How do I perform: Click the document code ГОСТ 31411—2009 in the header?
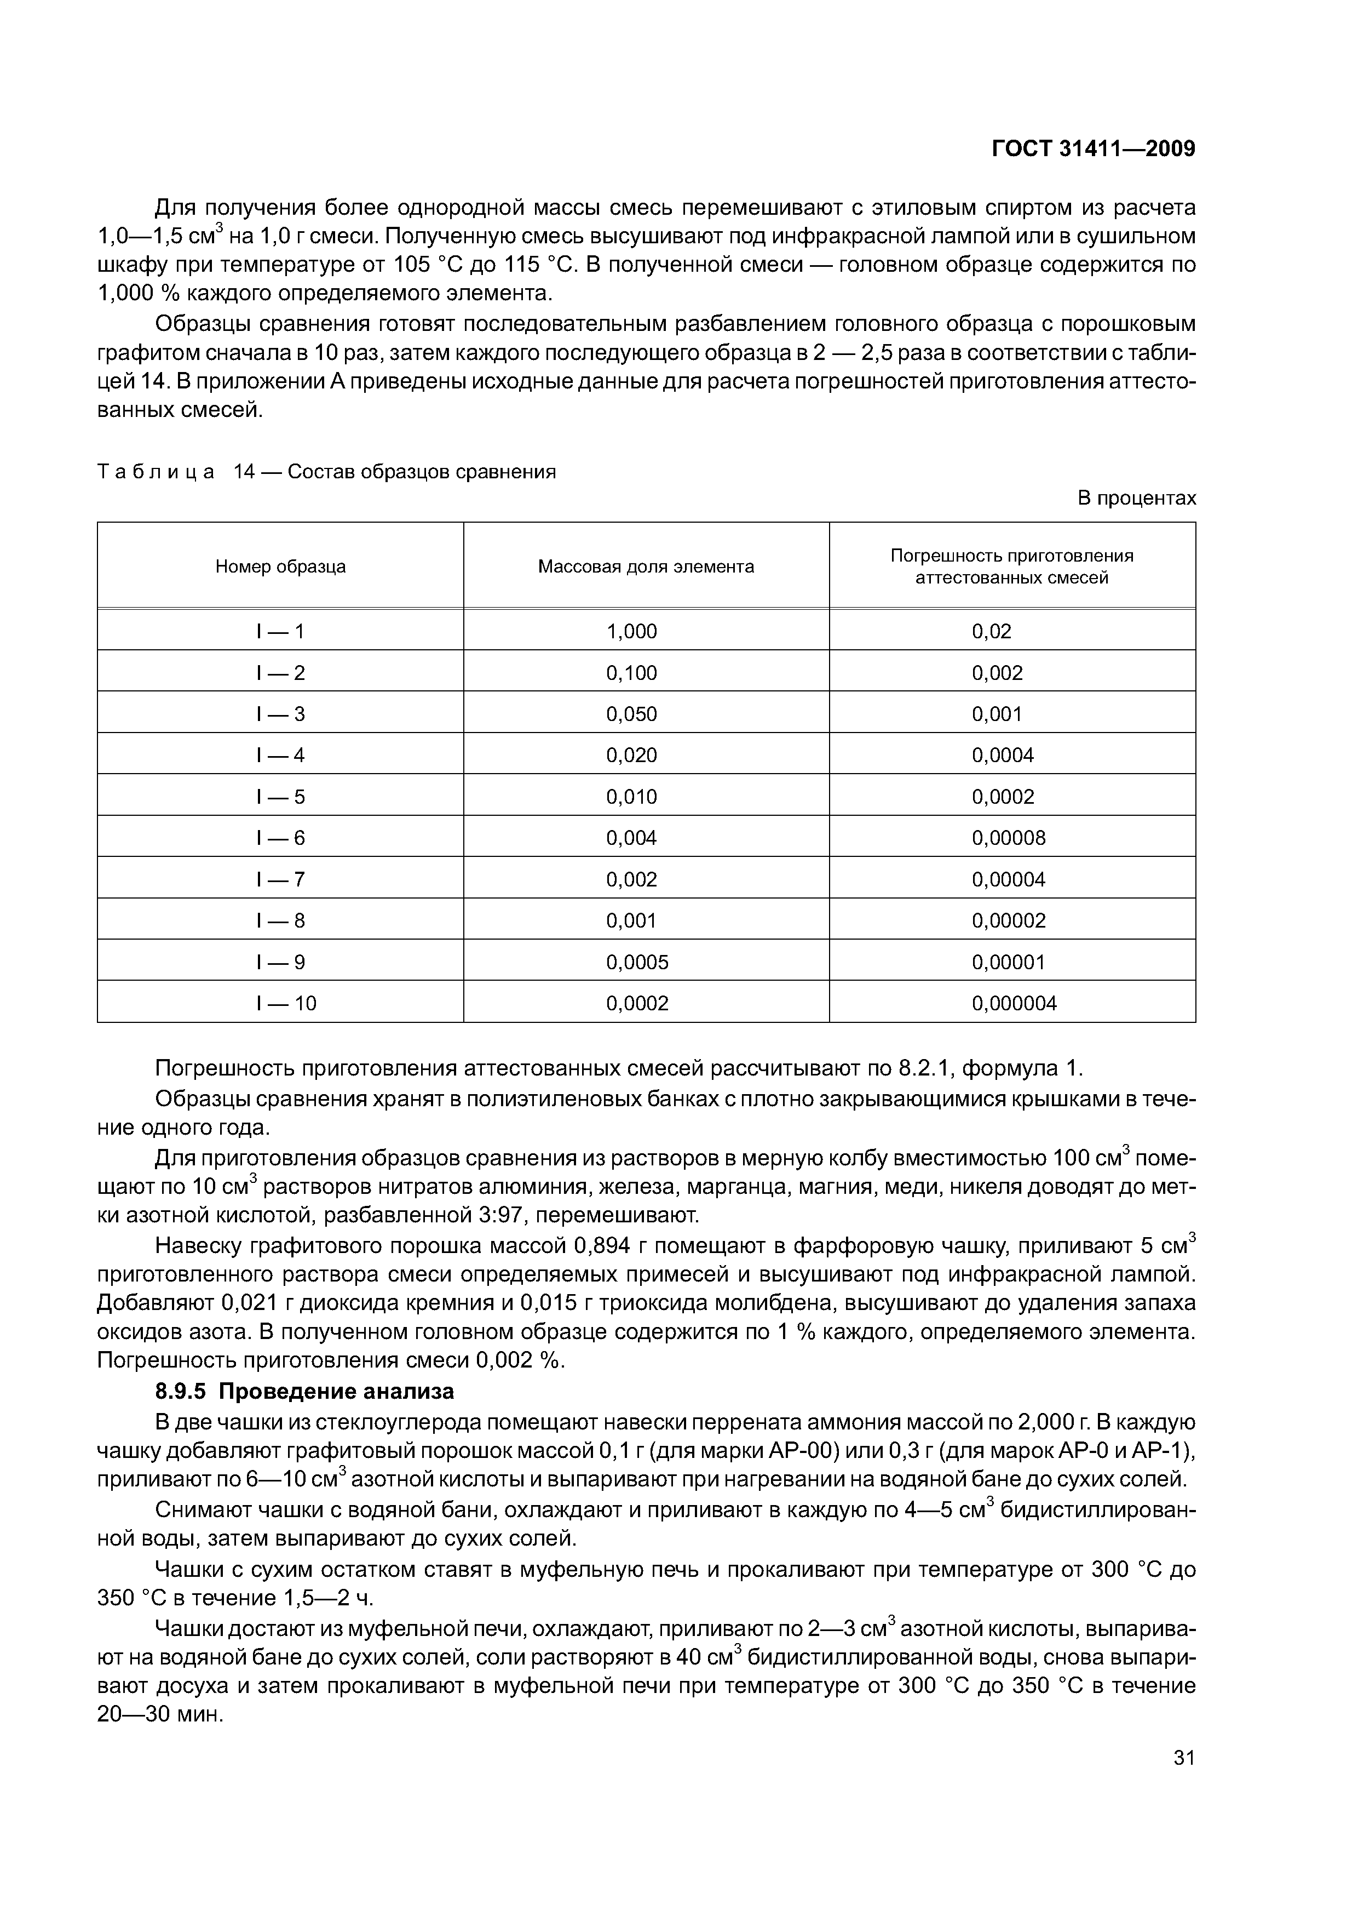click(1093, 149)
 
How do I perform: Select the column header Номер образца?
click(280, 567)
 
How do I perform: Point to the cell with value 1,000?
click(632, 631)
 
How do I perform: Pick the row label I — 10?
click(286, 1003)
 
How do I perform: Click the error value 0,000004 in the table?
click(1014, 1003)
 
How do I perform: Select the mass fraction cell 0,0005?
click(637, 962)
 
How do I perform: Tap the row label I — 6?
click(280, 838)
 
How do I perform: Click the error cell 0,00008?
click(1008, 838)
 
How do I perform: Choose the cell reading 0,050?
click(632, 714)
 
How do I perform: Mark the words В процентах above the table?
click(1136, 498)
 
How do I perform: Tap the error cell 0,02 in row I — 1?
click(992, 631)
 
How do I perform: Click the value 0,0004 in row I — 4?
click(1003, 755)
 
